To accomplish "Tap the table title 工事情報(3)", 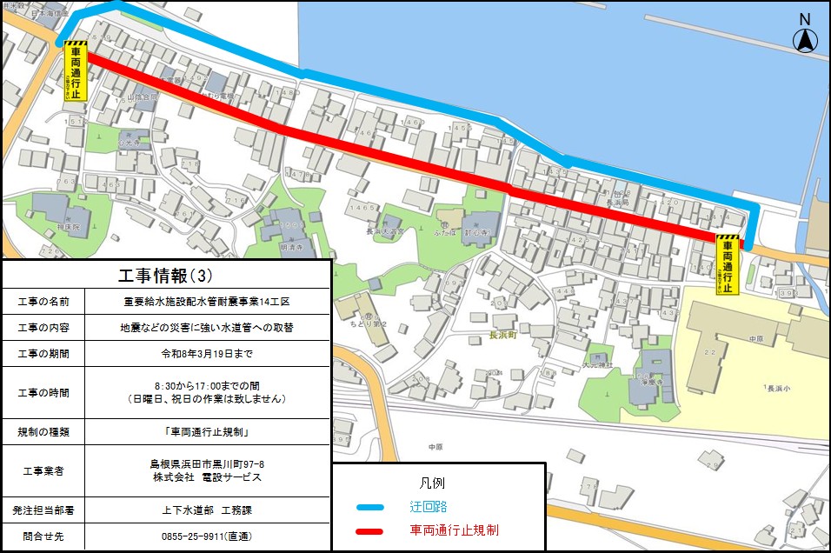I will click(x=165, y=276).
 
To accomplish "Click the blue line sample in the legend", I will click(x=369, y=507).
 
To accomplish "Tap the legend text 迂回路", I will click(x=429, y=507).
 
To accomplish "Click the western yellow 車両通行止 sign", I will click(x=76, y=72).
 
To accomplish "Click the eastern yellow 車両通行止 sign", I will click(x=728, y=264).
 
